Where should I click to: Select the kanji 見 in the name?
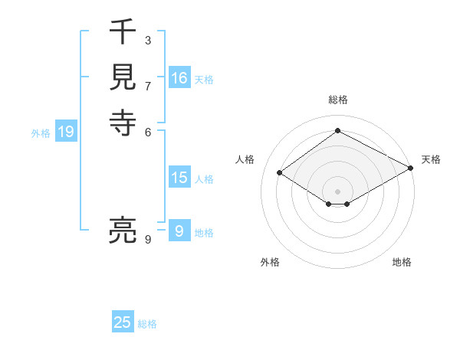click(123, 77)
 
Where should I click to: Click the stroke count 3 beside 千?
click(147, 41)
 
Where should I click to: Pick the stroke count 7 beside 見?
click(147, 86)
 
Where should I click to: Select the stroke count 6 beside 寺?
click(147, 131)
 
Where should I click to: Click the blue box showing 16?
click(179, 78)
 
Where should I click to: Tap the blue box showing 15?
click(179, 178)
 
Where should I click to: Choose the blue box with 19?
click(66, 132)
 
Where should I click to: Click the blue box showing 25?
click(123, 322)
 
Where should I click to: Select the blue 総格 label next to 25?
click(147, 324)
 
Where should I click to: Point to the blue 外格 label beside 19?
click(41, 133)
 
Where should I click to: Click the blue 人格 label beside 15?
click(204, 179)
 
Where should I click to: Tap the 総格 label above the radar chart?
click(337, 100)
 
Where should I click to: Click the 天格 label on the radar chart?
click(431, 159)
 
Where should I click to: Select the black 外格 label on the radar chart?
click(270, 262)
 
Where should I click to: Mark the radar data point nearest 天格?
click(411, 170)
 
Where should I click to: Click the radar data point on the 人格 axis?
click(280, 173)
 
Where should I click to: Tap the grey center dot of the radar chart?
click(337, 191)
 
